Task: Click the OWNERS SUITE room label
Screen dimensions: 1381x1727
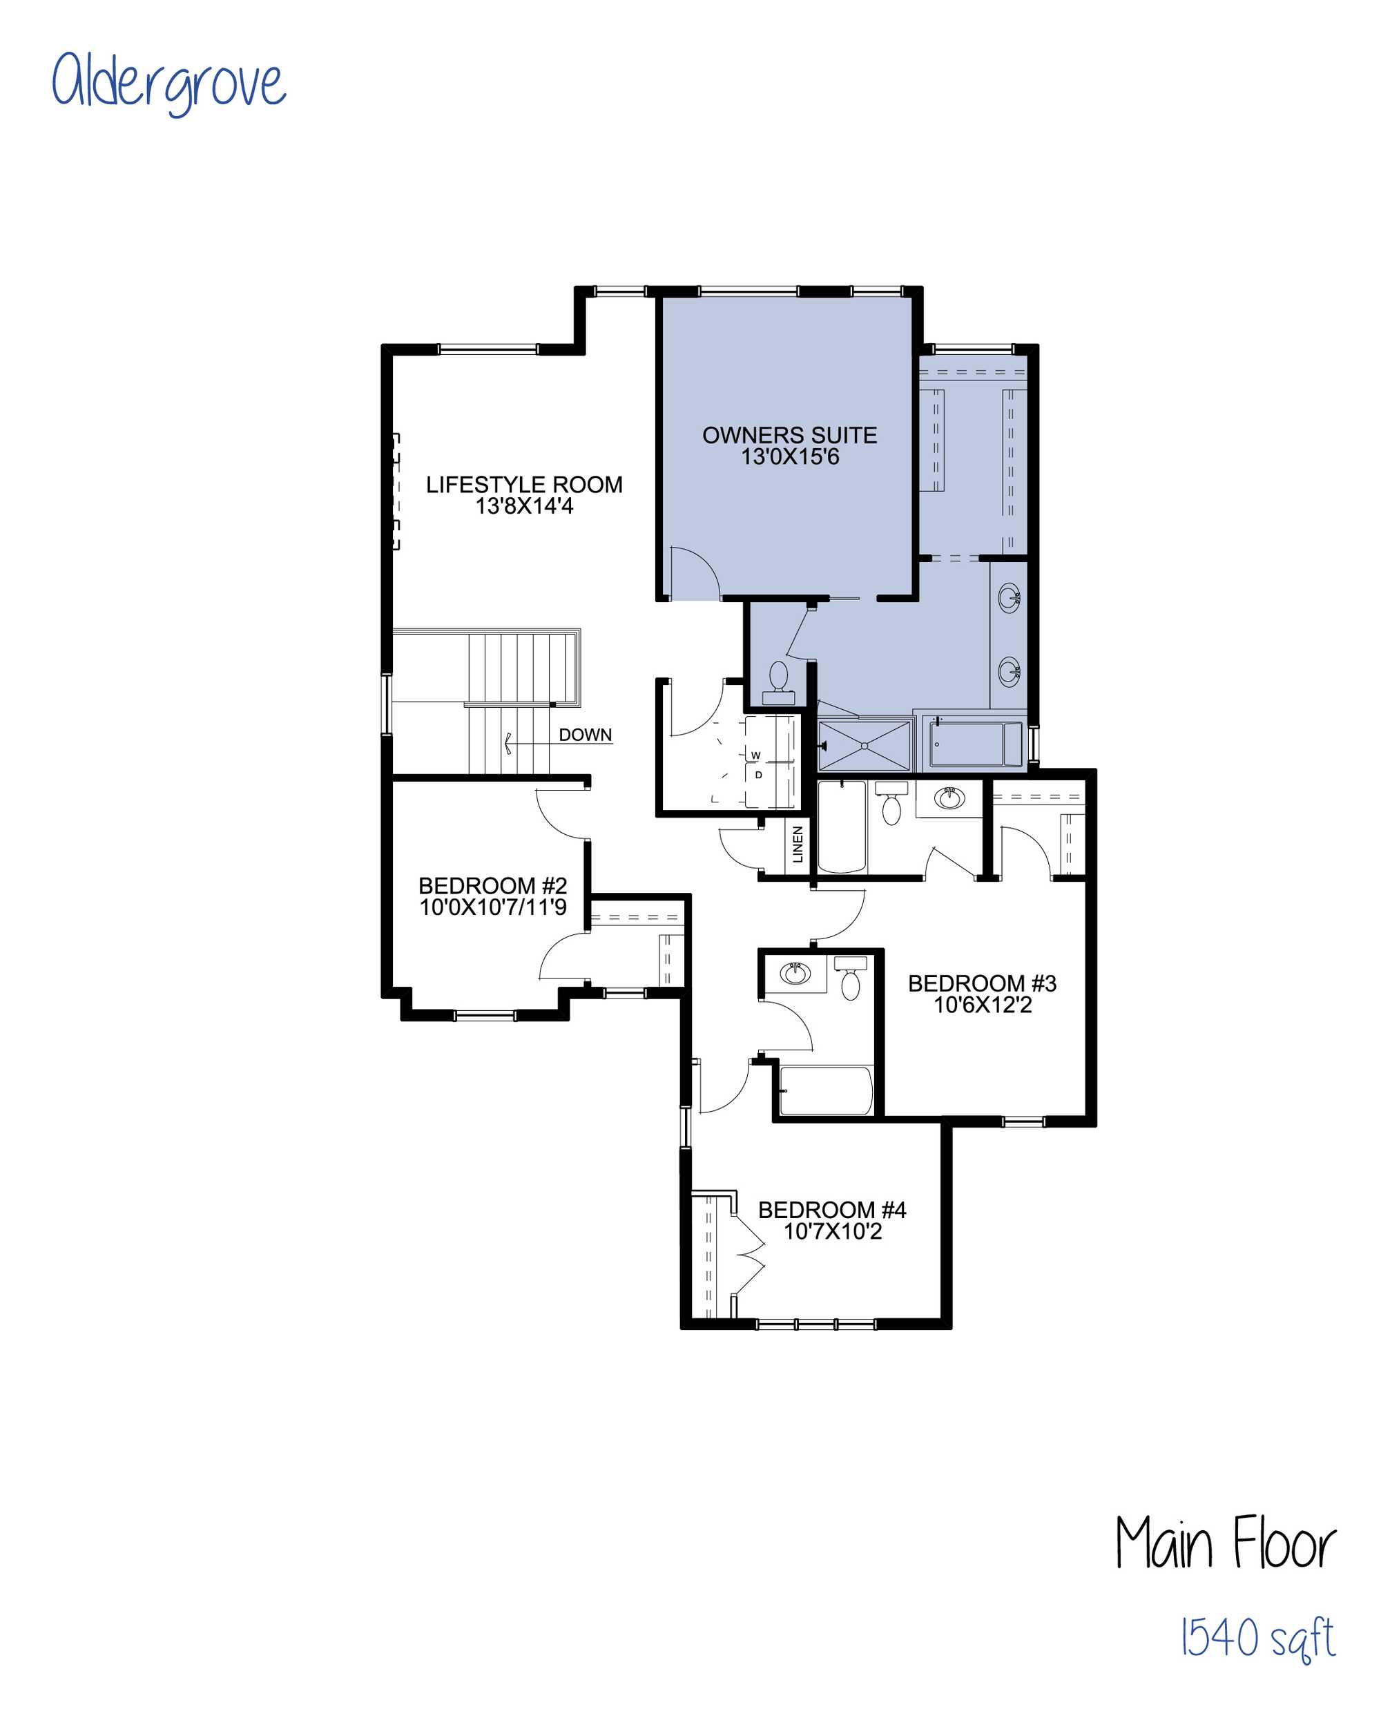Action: click(790, 435)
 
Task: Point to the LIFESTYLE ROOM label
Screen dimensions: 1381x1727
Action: click(524, 485)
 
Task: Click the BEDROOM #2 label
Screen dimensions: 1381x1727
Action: click(492, 886)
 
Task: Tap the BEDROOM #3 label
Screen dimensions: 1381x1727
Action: click(982, 984)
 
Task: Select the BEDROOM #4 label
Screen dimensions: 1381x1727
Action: click(832, 1210)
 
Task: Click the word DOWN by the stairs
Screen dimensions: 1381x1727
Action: click(586, 735)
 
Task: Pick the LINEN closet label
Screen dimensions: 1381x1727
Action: click(798, 845)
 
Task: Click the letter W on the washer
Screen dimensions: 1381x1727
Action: click(755, 755)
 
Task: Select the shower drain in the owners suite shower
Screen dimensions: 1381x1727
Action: click(865, 746)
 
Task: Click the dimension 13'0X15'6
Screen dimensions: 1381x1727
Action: click(790, 457)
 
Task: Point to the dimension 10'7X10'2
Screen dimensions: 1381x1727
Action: click(832, 1231)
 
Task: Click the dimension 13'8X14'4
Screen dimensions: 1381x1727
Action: click(524, 506)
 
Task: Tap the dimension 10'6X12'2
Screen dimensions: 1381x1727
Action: click(982, 1005)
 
